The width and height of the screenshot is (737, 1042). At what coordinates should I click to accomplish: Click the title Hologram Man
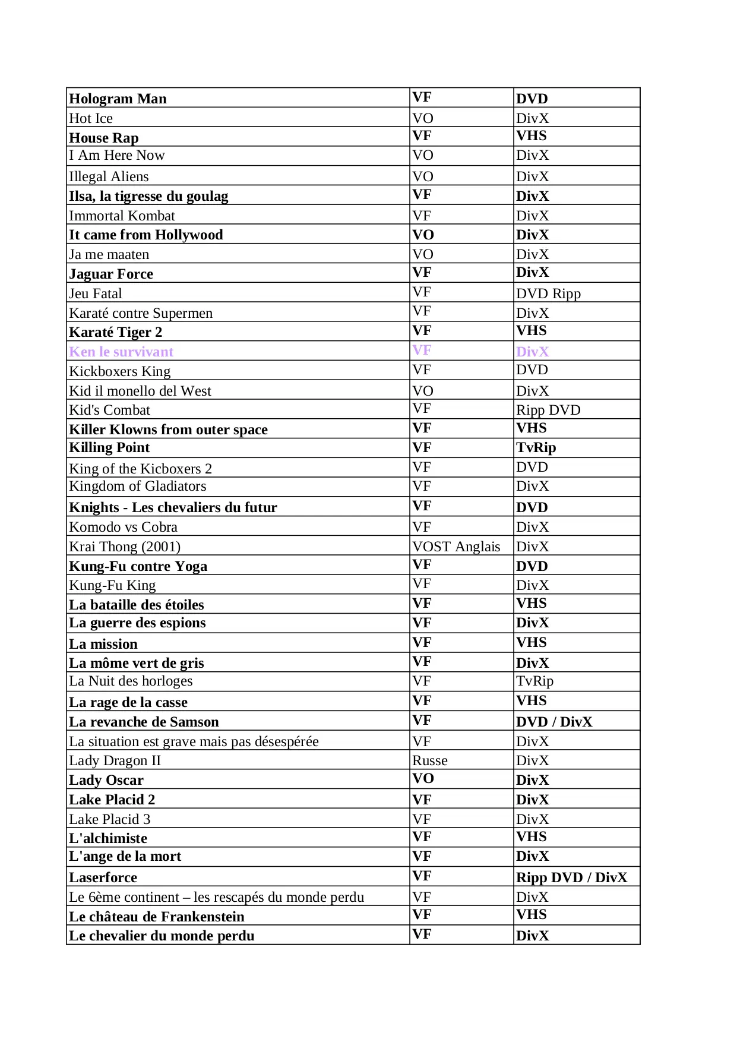[x=118, y=99]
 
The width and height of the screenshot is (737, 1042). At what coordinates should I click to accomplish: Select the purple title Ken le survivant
[x=121, y=352]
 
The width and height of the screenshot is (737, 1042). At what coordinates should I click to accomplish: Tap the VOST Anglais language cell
[x=456, y=547]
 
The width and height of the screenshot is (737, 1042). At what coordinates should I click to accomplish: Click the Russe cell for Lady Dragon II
[x=430, y=760]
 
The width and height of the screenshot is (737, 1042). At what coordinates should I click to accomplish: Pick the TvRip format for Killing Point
[x=536, y=447]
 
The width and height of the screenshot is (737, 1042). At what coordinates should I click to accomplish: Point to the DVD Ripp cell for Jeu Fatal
[x=548, y=293]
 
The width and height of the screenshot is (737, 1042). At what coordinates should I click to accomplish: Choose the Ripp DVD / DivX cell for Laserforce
[x=571, y=877]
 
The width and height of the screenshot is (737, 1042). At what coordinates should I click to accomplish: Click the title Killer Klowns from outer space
[x=168, y=430]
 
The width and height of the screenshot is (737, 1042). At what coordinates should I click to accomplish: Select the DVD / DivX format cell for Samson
[x=554, y=722]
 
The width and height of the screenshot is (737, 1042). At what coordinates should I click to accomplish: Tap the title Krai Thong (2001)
[x=125, y=547]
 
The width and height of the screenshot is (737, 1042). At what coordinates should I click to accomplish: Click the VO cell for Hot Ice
[x=423, y=118]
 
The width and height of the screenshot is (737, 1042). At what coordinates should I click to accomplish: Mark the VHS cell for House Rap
[x=531, y=136]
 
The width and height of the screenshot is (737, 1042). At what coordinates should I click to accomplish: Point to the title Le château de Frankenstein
[x=157, y=917]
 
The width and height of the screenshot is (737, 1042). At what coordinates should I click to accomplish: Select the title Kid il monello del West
[x=140, y=391]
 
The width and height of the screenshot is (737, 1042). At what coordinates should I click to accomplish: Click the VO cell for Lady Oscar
[x=423, y=778]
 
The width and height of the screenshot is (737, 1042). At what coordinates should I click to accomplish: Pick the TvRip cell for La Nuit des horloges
[x=534, y=681]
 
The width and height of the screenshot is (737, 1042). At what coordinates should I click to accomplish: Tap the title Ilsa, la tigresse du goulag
[x=148, y=196]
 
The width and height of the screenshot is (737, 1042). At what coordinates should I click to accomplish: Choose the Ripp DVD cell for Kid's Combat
[x=548, y=410]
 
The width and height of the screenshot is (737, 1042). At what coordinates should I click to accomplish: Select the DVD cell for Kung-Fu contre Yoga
[x=532, y=566]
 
